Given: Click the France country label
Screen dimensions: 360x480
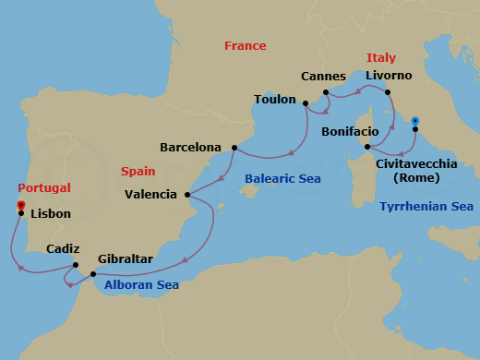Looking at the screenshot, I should point(246,45).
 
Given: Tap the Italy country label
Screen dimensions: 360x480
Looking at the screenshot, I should point(380,57).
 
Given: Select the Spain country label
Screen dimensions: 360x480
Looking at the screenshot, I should point(138,171).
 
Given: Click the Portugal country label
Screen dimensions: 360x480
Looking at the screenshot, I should point(44,187).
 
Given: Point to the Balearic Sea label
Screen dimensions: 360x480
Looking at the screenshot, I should point(282,178).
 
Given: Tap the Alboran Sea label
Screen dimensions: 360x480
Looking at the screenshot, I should point(140,285).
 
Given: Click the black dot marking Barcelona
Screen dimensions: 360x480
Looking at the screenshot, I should point(234,148).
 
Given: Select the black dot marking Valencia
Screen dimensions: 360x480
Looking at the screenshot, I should point(187,195).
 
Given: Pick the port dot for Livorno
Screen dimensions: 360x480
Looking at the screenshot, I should point(388,92).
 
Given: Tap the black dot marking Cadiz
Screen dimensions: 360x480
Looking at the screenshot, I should point(76,266).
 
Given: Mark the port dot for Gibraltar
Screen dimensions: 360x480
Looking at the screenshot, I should point(93,274).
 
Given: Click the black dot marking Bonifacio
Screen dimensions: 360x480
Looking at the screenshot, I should point(367,147).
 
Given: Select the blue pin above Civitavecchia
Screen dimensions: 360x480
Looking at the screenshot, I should point(415,121).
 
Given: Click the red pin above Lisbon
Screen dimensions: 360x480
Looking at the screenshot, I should point(20,205).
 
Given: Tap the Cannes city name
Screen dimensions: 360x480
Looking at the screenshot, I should point(323,76).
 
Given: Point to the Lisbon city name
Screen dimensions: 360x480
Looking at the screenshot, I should point(50,213).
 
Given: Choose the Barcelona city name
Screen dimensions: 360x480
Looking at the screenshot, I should point(190,147).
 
